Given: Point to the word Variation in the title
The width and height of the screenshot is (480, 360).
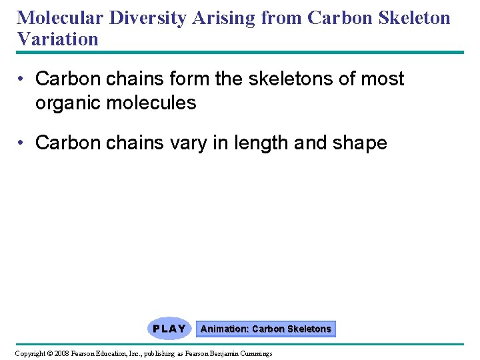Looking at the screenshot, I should (x=58, y=39).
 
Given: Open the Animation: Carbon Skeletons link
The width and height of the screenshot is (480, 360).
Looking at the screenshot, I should (x=265, y=329).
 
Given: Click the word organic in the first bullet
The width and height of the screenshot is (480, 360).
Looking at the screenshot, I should (x=68, y=103).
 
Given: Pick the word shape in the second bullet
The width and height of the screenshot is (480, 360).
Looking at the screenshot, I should (x=360, y=143).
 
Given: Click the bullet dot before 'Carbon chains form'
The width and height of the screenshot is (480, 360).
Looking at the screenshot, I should (x=23, y=79).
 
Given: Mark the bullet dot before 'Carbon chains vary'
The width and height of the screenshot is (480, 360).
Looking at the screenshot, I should (x=23, y=143).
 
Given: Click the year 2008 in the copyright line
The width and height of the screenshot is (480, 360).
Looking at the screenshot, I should (x=62, y=353).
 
